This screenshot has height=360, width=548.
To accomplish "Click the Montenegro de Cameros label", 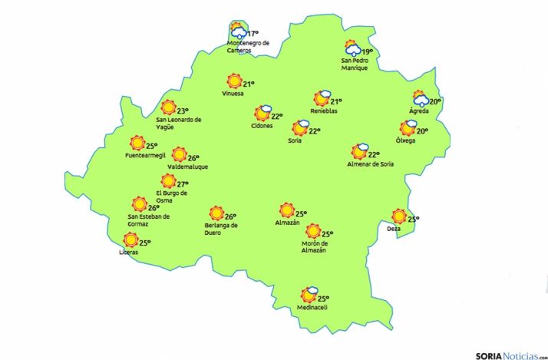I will [248, 47].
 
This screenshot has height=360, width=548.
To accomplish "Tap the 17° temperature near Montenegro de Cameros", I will [253, 34].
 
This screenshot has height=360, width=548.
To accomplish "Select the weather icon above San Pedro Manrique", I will [352, 49].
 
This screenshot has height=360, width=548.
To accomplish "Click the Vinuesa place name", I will [232, 94].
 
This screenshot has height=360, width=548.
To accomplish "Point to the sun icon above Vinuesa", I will [233, 81].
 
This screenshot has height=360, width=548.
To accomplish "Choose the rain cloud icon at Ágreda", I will [420, 98].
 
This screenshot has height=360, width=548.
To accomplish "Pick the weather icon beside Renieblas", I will [321, 98].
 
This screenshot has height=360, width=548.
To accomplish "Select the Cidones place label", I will [262, 126].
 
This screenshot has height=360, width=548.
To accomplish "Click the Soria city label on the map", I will [294, 140].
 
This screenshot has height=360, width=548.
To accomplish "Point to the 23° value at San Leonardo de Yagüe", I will [182, 111].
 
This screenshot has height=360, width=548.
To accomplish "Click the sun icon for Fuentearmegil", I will [137, 143].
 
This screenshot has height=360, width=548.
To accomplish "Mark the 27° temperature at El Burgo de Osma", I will [183, 184].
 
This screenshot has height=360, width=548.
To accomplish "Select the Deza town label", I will [394, 229].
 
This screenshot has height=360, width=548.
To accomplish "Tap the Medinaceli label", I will [312, 308].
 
